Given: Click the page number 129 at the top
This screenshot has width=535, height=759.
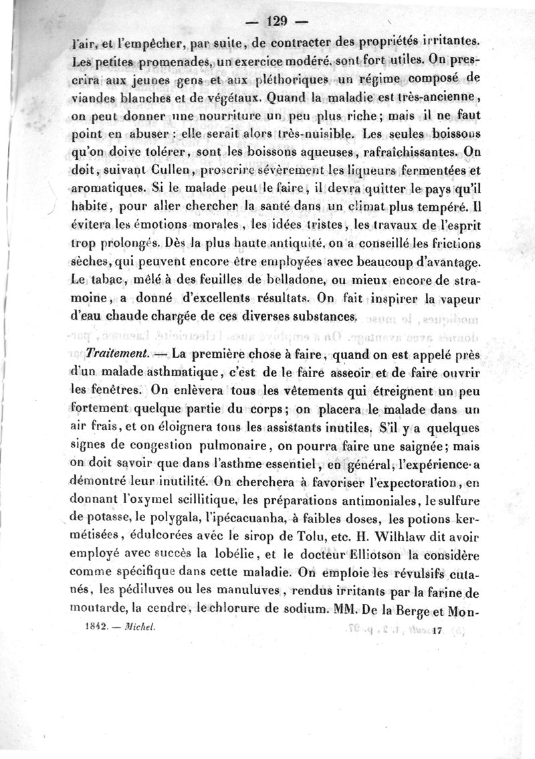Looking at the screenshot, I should tap(267, 20).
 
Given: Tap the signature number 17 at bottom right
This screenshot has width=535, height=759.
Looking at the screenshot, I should tap(439, 630).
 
